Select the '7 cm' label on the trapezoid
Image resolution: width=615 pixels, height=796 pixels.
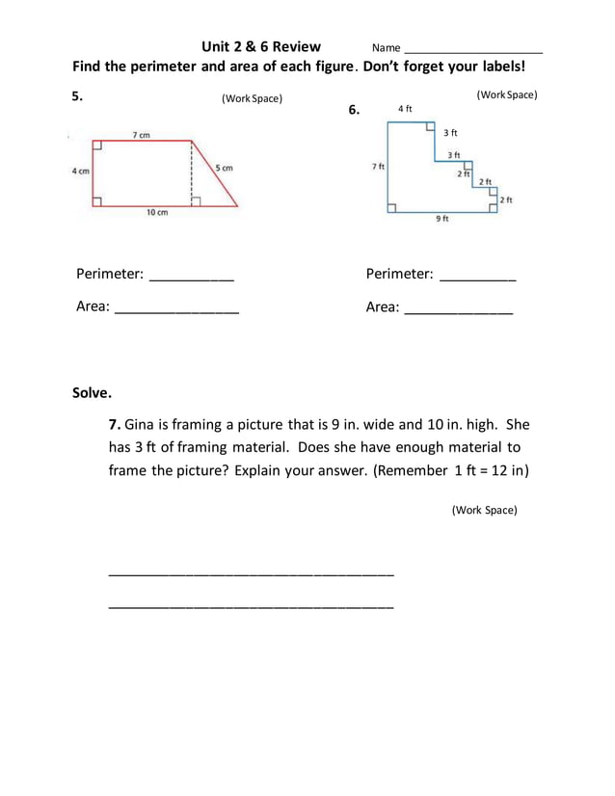tap(141, 135)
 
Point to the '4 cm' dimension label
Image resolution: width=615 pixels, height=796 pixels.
tap(80, 172)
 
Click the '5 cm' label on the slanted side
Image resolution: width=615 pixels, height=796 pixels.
tap(224, 168)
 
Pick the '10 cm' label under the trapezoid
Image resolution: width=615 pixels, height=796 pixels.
tap(156, 213)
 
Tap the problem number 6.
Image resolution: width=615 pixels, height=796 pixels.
tap(354, 110)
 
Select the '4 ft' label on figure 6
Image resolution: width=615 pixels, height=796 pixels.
tap(405, 109)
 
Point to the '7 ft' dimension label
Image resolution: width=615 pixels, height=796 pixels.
tap(378, 167)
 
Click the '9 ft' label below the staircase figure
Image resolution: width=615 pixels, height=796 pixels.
tap(441, 220)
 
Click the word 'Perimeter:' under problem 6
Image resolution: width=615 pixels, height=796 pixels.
tap(399, 275)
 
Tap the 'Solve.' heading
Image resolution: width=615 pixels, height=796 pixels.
tap(93, 393)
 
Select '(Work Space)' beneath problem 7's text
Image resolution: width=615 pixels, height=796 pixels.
tap(484, 510)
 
